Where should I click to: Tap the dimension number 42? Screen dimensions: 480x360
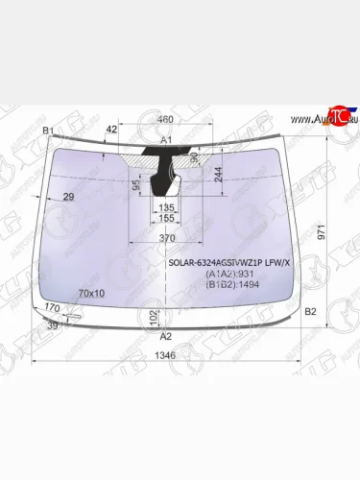click(111, 128)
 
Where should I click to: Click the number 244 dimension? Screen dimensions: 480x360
click(220, 173)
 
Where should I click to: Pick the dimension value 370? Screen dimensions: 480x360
click(166, 238)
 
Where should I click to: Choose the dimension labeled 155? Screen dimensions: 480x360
click(166, 219)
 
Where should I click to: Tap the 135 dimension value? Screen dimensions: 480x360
click(166, 206)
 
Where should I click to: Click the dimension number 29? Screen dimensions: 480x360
click(68, 197)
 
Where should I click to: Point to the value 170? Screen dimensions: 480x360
click(53, 307)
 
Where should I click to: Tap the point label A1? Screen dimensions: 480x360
click(165, 139)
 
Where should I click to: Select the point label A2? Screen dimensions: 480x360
click(165, 336)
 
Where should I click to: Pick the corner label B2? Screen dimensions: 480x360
click(309, 312)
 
